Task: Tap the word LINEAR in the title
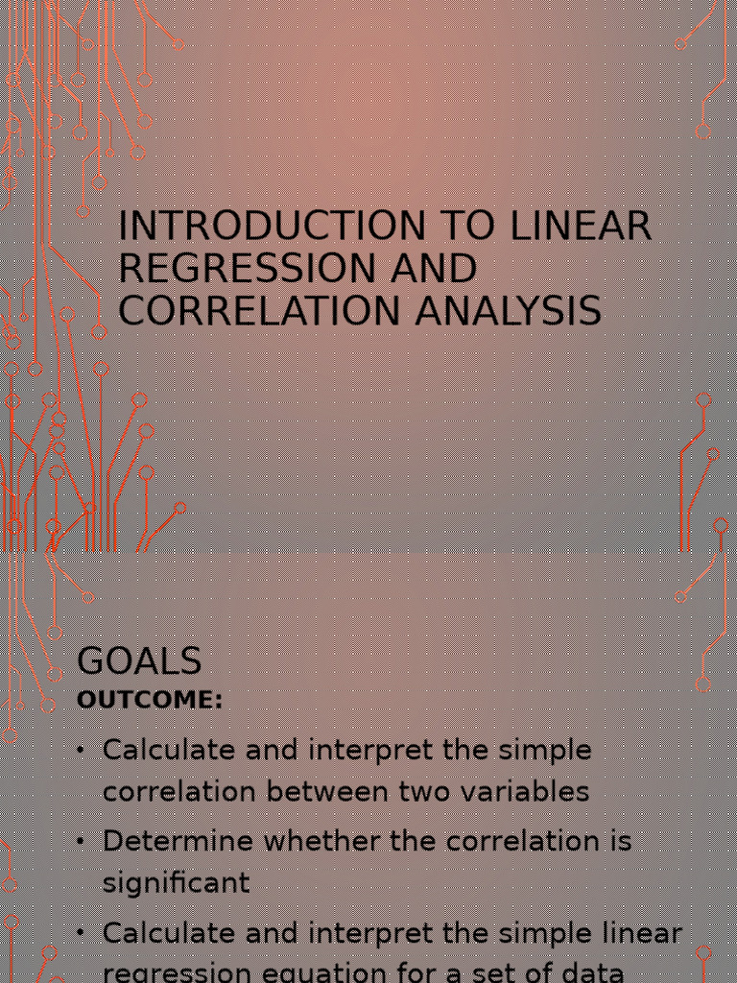tap(581, 227)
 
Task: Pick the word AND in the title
tap(433, 269)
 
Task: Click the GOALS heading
tap(139, 661)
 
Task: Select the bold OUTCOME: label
tap(150, 700)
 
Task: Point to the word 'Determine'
tap(178, 841)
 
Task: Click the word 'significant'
tap(177, 883)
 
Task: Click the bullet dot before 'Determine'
tap(81, 841)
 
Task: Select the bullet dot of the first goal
tap(81, 750)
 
